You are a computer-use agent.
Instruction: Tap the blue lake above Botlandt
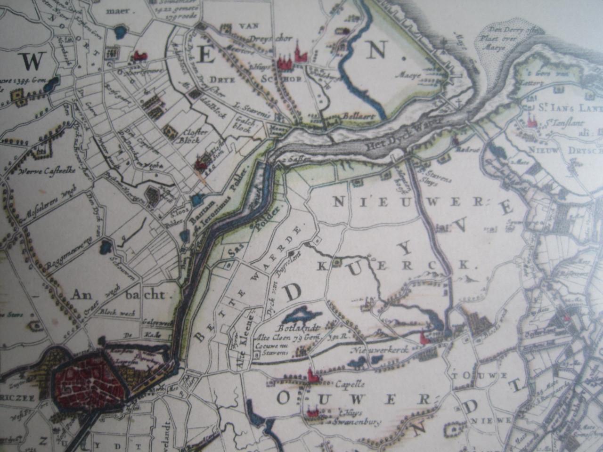tap(299, 314)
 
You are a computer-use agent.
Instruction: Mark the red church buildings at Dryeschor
tap(291, 58)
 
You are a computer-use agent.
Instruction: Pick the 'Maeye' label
tap(406, 74)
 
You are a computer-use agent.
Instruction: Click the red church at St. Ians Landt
tap(532, 121)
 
